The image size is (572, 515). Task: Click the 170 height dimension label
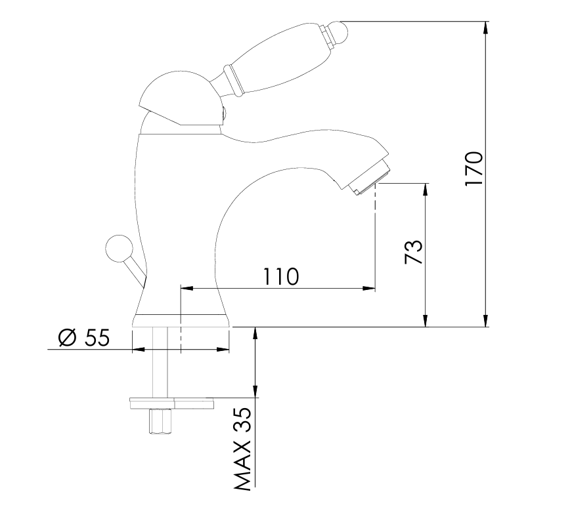click(474, 169)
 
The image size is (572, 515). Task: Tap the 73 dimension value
click(412, 253)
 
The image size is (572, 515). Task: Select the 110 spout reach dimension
click(280, 276)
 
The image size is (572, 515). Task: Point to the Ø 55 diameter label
click(83, 338)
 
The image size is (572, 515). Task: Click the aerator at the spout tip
click(371, 176)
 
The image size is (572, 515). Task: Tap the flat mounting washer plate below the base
click(172, 402)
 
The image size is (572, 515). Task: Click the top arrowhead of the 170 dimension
click(485, 28)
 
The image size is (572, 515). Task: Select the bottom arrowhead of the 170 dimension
click(485, 320)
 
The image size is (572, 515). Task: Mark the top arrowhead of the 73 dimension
click(426, 189)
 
